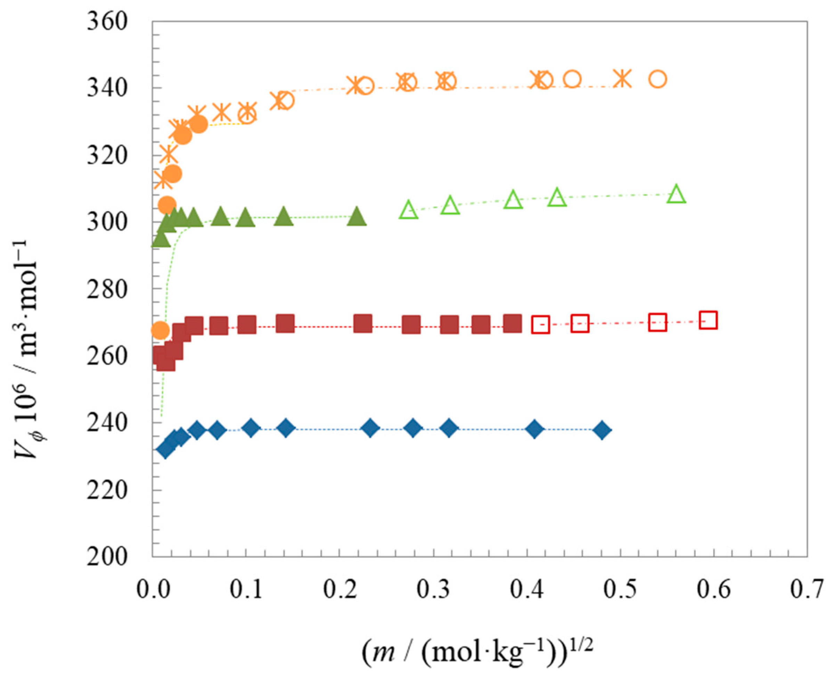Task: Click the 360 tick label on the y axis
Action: (x=107, y=22)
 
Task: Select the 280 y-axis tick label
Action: (x=107, y=290)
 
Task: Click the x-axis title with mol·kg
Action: (x=477, y=653)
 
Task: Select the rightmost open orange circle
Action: (x=658, y=79)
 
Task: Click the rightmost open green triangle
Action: (x=676, y=194)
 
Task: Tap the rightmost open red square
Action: (x=708, y=320)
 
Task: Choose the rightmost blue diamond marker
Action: (x=602, y=430)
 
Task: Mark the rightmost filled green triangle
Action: (x=357, y=217)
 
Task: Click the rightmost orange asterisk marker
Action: (x=621, y=78)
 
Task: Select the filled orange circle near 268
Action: (x=160, y=330)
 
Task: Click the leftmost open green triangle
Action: (x=409, y=210)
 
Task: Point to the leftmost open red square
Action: (x=540, y=324)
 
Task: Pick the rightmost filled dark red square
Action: (x=512, y=323)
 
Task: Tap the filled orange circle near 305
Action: (x=167, y=204)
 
